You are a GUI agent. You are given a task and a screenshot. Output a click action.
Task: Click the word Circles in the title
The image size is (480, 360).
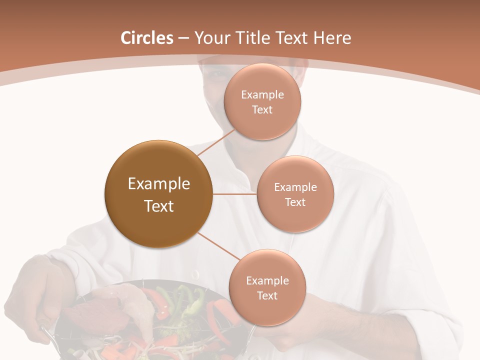point(147,38)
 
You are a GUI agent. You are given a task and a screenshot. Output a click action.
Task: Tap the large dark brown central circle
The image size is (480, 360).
point(158,194)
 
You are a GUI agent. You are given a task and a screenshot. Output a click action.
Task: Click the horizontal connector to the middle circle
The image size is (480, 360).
point(234,194)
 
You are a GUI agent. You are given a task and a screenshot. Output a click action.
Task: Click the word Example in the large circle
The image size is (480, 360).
point(159,184)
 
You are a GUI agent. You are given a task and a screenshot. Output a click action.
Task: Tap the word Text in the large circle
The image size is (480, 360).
point(159,206)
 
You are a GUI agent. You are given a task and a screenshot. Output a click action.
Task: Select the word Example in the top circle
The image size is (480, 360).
point(262,95)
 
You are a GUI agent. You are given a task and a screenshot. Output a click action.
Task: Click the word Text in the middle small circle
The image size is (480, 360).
point(295,202)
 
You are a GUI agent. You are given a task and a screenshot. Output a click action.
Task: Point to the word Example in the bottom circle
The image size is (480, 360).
point(267,281)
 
